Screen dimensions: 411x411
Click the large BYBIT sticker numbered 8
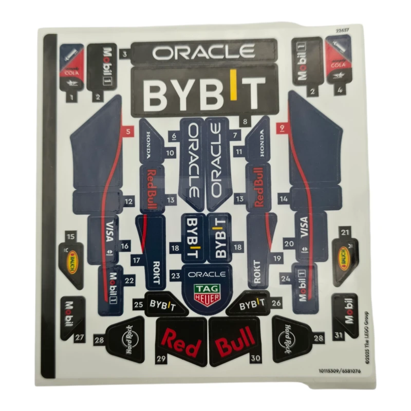(x=204, y=92)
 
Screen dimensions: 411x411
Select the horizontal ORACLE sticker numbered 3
(x=203, y=52)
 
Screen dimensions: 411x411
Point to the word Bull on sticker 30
(x=235, y=341)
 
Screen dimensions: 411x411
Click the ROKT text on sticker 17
(x=156, y=269)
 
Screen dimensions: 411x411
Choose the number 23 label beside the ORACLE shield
(x=176, y=276)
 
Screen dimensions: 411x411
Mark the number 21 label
(x=345, y=232)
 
